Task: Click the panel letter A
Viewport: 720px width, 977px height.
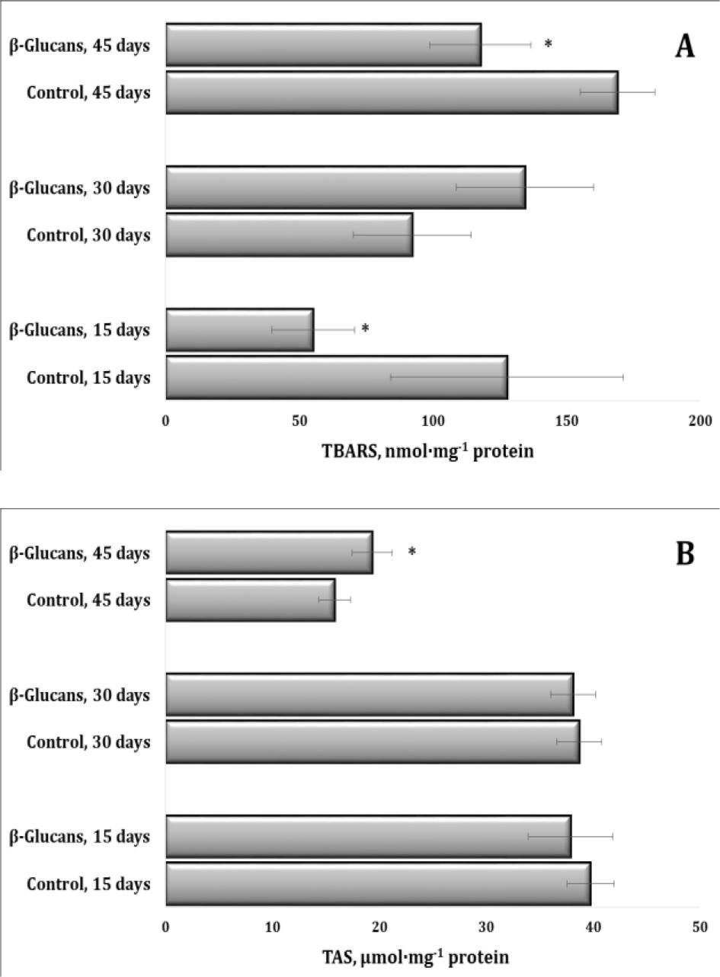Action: click(x=685, y=47)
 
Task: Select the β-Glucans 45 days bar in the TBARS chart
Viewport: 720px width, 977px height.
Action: click(x=323, y=44)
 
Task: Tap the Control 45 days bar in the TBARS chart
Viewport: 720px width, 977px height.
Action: click(x=392, y=92)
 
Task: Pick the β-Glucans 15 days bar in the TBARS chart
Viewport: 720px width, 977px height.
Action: click(x=239, y=329)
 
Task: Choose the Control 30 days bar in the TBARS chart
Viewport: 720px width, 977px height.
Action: click(x=289, y=235)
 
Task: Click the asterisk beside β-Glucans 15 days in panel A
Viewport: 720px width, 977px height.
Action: click(x=366, y=328)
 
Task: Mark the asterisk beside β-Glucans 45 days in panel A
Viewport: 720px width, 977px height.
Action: click(x=548, y=44)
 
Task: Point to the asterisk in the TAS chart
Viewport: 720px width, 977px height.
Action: click(x=412, y=552)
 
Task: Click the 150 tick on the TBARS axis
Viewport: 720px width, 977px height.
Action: click(x=566, y=421)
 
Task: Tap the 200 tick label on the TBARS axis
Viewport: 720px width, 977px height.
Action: click(x=699, y=421)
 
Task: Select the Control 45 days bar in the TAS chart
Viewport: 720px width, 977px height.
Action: click(x=250, y=600)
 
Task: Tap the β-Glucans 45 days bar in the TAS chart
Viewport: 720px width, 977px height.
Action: click(x=269, y=553)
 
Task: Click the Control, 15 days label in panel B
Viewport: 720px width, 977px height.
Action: click(x=88, y=883)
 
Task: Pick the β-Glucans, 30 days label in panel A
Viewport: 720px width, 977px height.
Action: click(x=79, y=187)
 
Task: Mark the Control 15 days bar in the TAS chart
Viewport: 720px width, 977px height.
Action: click(x=378, y=884)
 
